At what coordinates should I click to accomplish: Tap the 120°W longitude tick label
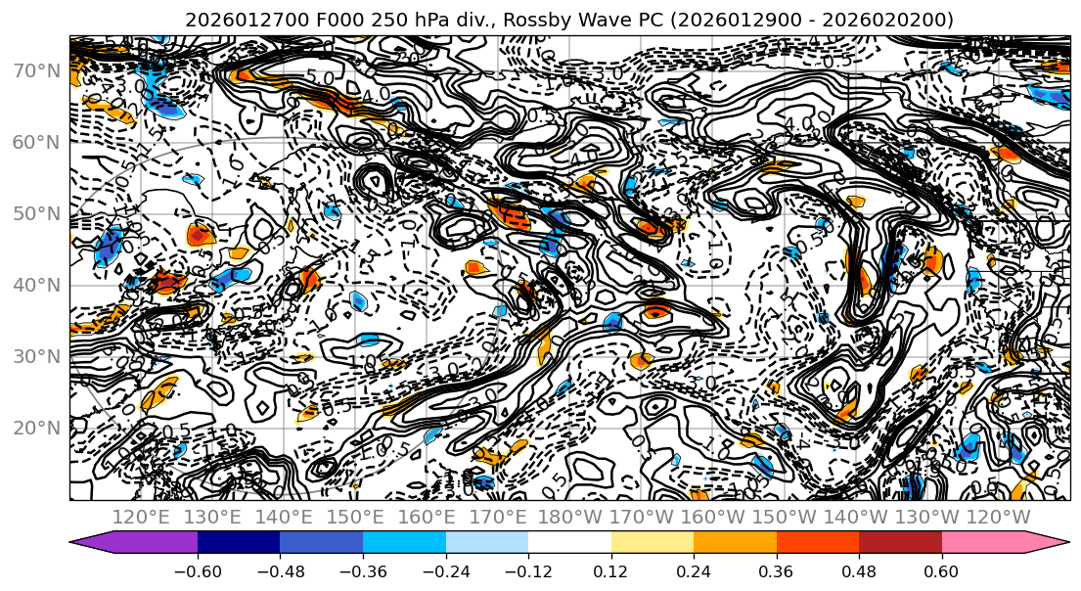997,516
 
